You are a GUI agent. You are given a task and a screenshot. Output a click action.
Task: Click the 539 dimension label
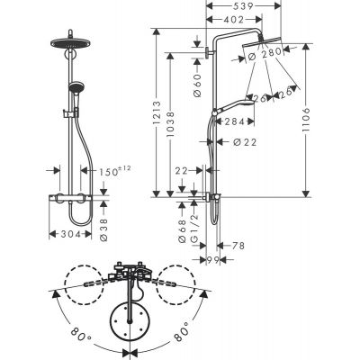[232, 5]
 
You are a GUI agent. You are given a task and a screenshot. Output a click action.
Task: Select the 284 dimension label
[234, 121]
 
